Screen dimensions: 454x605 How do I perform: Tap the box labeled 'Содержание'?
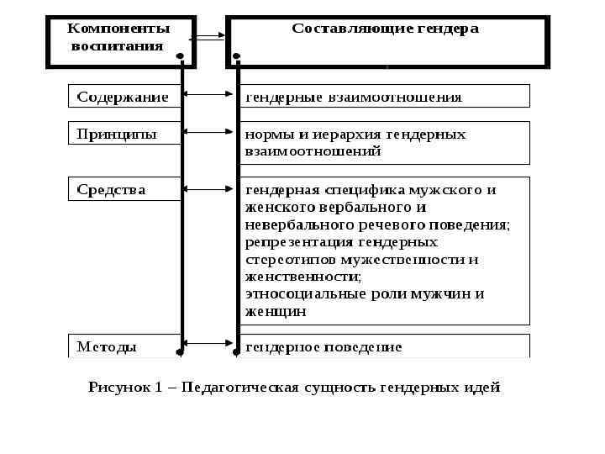tap(123, 97)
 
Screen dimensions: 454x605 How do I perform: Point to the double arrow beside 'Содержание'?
tap(208, 96)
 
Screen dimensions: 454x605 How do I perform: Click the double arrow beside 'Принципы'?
tap(208, 132)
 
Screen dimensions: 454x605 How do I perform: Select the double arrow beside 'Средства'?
tap(208, 188)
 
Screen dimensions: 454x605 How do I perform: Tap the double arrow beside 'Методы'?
tap(208, 342)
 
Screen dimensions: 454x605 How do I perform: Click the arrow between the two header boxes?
tap(208, 36)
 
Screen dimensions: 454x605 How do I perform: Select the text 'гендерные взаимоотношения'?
tap(353, 97)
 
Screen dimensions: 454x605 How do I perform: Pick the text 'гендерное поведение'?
tap(324, 346)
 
